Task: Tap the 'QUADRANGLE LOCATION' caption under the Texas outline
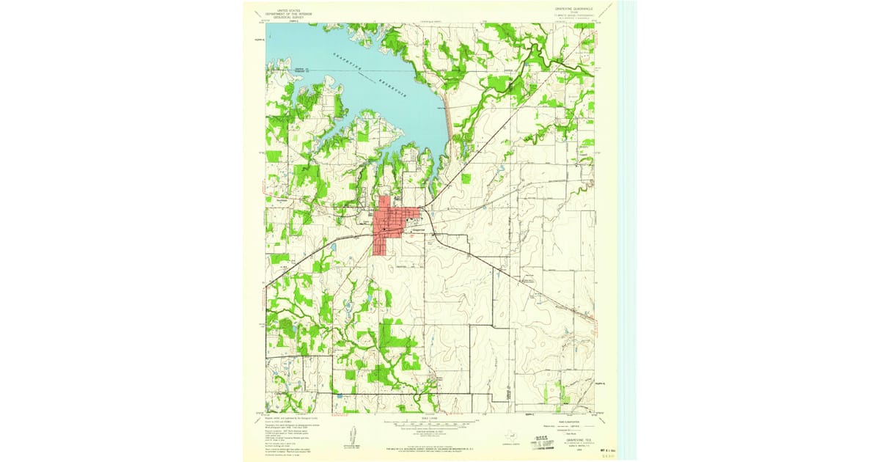coord(507,444)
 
